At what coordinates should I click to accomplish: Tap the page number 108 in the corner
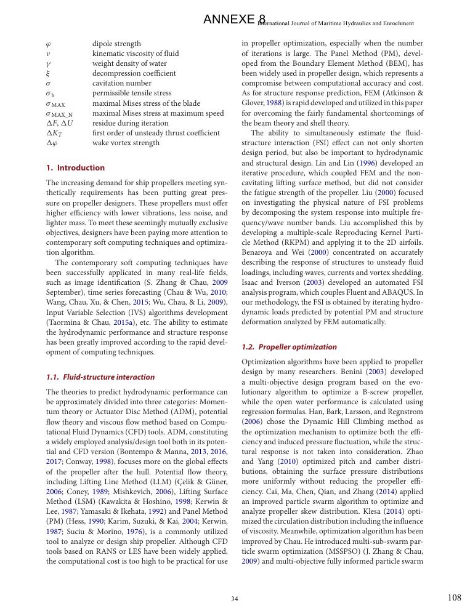(x=454, y=597)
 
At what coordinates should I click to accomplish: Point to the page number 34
(x=235, y=599)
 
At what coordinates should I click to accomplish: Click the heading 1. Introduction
(x=76, y=167)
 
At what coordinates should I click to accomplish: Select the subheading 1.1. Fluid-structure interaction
(x=100, y=377)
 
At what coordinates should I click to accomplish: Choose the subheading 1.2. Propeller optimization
(x=290, y=347)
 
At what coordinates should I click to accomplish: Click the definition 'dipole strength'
(x=116, y=44)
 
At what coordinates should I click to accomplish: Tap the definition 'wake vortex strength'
(x=126, y=143)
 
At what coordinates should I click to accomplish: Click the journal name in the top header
(x=336, y=23)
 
